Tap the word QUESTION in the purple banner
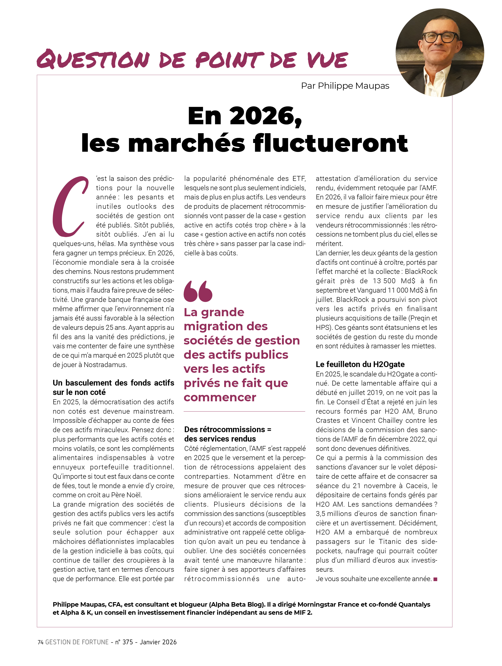tap(93, 59)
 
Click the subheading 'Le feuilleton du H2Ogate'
tap(360, 364)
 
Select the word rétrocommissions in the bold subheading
tap(225, 429)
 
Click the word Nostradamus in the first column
tap(105, 365)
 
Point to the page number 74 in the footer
tap(41, 642)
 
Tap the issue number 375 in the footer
tap(128, 642)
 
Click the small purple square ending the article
tap(435, 579)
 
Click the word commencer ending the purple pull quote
tap(220, 397)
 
